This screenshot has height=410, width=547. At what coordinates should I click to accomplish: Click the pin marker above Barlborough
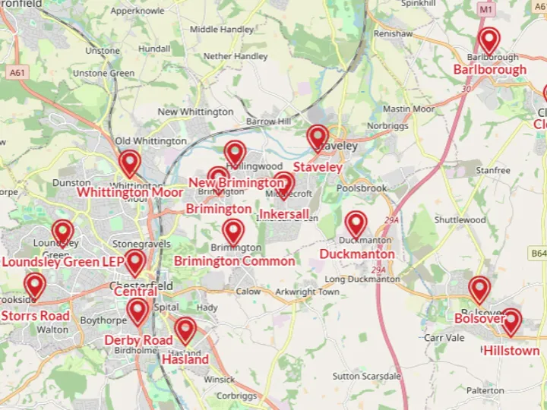point(489,41)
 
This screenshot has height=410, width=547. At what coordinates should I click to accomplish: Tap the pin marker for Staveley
point(318,138)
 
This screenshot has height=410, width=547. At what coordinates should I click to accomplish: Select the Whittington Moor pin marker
point(130,163)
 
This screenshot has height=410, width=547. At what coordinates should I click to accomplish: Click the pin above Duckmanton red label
point(356,224)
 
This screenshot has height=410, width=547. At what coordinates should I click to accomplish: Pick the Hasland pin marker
point(185,330)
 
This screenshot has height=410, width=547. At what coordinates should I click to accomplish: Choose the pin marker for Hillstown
point(511,322)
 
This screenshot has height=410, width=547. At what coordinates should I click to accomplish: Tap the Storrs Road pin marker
point(34,286)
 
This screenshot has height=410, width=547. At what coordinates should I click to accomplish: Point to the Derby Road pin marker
point(138,311)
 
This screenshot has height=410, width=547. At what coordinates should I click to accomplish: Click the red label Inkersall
point(284,214)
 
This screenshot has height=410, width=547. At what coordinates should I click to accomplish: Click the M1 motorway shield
point(486,9)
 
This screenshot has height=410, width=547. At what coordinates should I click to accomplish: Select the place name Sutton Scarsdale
point(366,376)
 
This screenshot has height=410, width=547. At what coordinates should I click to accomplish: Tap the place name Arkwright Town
point(307,292)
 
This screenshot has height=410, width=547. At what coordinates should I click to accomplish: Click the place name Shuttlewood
point(460,220)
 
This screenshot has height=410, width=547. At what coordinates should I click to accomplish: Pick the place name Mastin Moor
point(409,109)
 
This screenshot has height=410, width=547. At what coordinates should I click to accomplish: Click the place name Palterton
point(485,390)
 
